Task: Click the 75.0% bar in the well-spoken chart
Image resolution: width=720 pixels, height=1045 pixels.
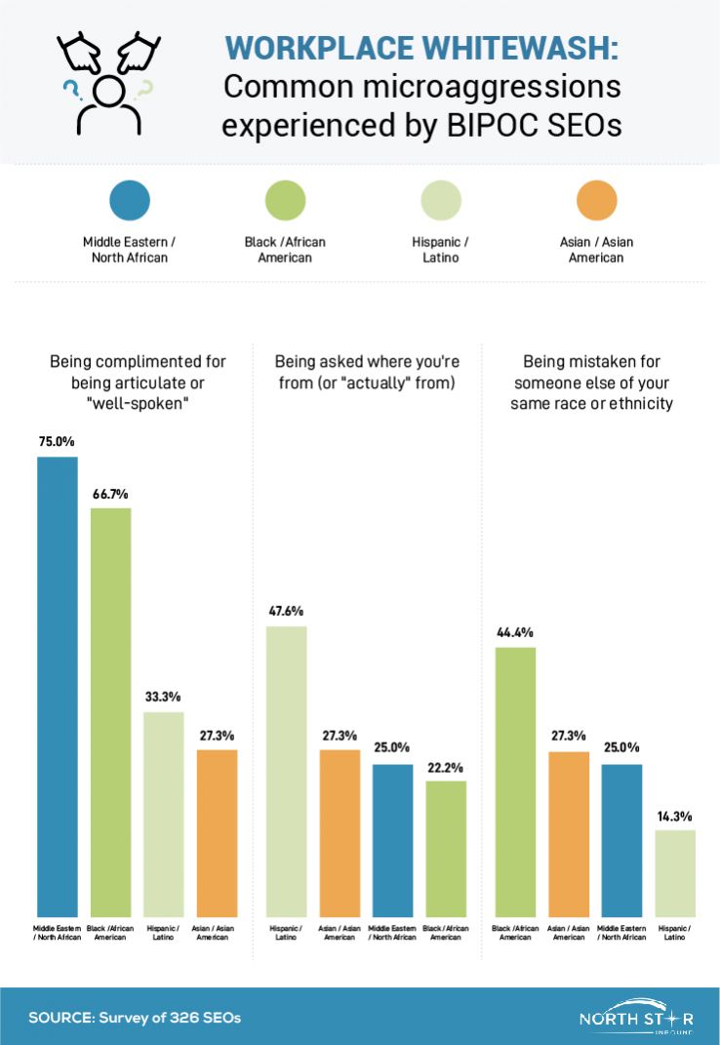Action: (58, 683)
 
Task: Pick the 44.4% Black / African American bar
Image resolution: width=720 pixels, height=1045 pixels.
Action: (516, 780)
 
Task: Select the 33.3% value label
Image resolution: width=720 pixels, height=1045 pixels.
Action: (164, 697)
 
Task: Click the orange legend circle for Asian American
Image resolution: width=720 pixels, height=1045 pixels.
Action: (597, 202)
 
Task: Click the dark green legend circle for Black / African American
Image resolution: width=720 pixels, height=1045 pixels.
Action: (286, 202)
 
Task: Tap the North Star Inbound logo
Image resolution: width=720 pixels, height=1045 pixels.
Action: (636, 1017)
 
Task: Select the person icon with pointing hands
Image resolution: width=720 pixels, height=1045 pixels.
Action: (107, 82)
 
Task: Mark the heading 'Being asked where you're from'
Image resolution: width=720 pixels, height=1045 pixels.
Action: (366, 373)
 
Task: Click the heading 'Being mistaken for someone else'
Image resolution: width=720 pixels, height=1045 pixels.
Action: (591, 382)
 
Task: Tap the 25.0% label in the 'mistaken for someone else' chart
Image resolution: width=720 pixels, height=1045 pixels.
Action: (621, 747)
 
